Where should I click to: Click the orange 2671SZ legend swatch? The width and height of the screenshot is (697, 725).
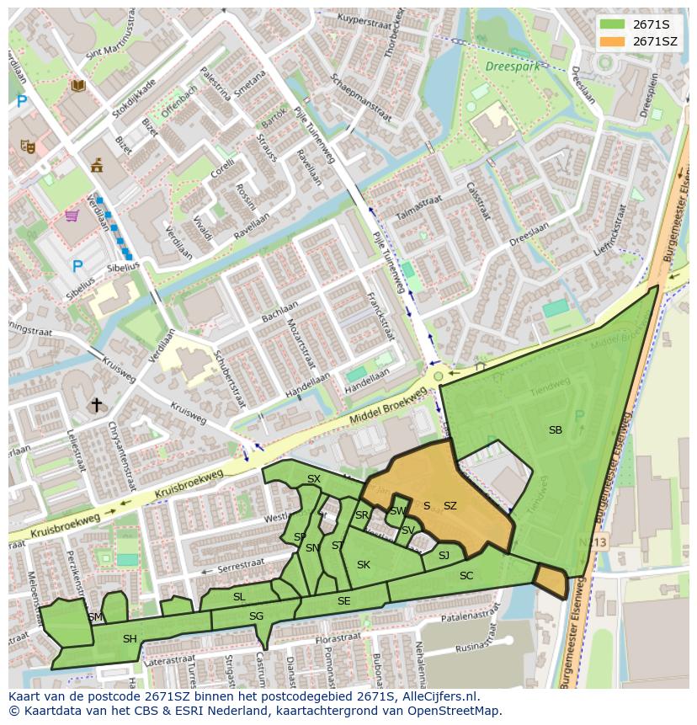613,41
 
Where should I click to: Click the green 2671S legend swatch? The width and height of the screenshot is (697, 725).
613,24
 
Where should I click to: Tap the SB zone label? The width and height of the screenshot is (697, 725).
556,430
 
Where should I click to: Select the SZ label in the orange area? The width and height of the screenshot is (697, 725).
450,506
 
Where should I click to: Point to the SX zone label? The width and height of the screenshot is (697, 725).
314,479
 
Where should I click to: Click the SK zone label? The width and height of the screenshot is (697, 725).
364,565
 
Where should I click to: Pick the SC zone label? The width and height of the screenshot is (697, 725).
466,576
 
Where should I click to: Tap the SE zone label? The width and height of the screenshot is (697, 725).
343,601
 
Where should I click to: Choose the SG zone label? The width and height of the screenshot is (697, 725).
256,616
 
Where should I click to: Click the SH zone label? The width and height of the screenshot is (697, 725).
130,639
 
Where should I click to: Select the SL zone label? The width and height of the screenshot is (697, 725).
239,597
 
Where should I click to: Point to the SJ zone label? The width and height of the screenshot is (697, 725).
444,555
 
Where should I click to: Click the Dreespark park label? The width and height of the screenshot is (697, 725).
510,65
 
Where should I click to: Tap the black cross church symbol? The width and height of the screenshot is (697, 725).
97,405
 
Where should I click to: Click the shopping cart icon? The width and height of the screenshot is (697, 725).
72,216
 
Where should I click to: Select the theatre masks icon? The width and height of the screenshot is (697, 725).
28,147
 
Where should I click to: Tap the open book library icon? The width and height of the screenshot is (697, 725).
78,85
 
